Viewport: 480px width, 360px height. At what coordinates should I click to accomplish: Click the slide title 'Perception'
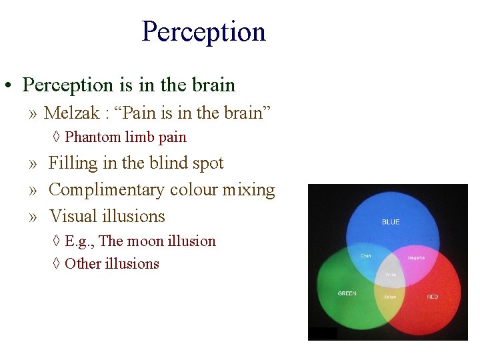click(203, 31)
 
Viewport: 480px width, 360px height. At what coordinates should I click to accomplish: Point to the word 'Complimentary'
click(107, 190)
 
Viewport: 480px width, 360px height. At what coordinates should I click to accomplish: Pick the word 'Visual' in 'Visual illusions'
click(73, 217)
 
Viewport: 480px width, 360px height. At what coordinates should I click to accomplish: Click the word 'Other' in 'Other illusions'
click(83, 263)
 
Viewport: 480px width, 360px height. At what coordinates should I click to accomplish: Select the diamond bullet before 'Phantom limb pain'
click(57, 138)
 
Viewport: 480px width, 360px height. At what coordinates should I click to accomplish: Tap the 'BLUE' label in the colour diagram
click(391, 222)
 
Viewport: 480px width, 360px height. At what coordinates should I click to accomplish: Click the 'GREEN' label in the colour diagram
click(347, 293)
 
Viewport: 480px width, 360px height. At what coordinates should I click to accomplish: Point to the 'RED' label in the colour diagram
click(433, 296)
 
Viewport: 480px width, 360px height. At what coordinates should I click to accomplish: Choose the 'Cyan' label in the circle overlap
click(366, 255)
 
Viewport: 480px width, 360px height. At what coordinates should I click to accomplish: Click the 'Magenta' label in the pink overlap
click(416, 257)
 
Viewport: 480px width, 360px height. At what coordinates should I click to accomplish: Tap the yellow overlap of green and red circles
click(390, 297)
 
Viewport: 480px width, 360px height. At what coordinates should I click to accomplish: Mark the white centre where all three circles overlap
click(391, 273)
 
